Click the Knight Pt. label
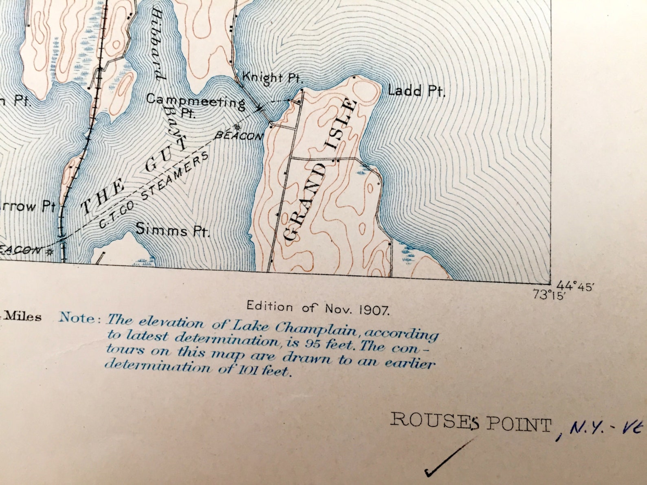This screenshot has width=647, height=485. coord(271,77)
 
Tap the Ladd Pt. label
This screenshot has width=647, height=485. coord(416,90)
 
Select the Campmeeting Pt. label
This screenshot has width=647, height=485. coord(196,104)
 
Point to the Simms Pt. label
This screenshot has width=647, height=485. coord(172,230)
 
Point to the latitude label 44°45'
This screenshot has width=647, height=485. coord(577,286)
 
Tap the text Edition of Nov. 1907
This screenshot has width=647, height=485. coord(318,308)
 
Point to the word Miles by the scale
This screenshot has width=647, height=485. coord(22,317)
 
